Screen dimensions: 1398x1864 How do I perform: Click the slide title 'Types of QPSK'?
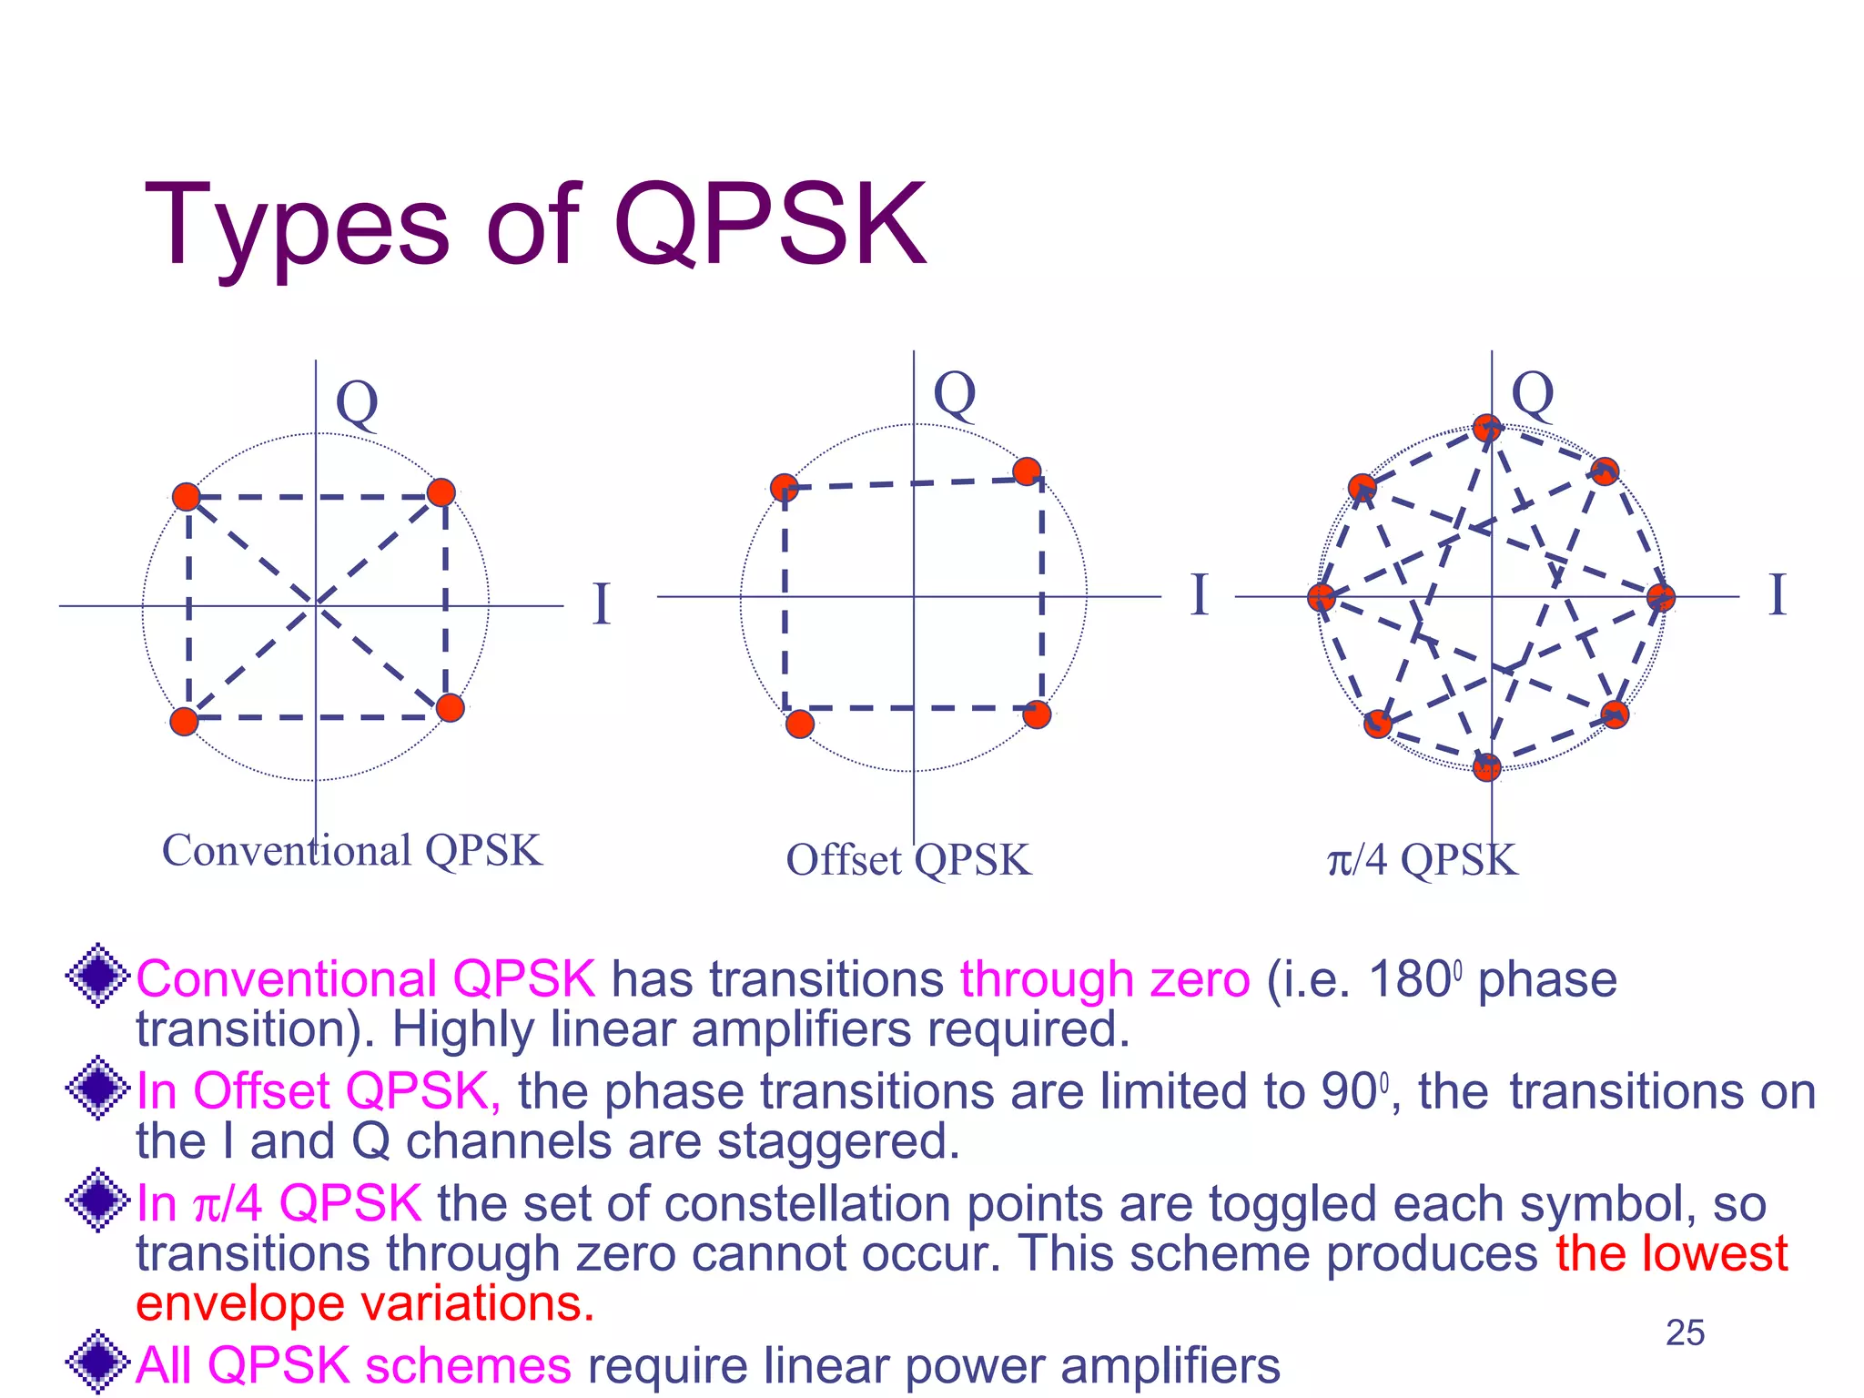coord(535,225)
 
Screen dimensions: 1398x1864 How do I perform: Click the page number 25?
coord(1685,1332)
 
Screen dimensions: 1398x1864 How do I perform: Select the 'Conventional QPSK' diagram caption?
coord(351,851)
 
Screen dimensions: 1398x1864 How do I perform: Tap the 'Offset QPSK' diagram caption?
coord(908,860)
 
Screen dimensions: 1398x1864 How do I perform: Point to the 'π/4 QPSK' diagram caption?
coord(1422,860)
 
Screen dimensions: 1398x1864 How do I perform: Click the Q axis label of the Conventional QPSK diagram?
coord(357,403)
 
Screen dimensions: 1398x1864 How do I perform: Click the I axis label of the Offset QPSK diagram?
coord(1200,596)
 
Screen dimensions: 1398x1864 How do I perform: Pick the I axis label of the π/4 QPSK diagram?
coord(1777,596)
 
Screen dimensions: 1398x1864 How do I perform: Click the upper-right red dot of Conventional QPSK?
coord(441,492)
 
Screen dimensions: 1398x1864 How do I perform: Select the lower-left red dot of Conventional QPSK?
coord(185,721)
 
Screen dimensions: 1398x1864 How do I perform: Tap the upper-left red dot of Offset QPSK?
coord(785,488)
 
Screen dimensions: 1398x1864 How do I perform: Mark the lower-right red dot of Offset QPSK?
coord(1037,714)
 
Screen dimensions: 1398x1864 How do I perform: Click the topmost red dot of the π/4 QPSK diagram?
coord(1486,428)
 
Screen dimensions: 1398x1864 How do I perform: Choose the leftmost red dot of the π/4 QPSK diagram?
coord(1321,597)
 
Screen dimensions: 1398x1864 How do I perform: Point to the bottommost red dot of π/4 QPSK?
coord(1486,767)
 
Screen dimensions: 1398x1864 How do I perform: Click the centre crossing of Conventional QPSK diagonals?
coord(316,604)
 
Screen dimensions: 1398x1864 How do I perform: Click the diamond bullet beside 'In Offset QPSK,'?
coord(97,1087)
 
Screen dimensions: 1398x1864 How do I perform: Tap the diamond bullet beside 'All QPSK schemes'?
coord(97,1362)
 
